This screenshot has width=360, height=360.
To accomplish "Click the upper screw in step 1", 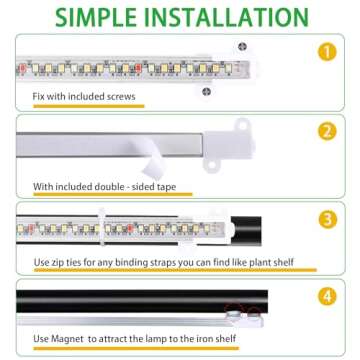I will [x=242, y=47].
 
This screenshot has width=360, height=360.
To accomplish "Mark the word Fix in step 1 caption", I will [x=40, y=98].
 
